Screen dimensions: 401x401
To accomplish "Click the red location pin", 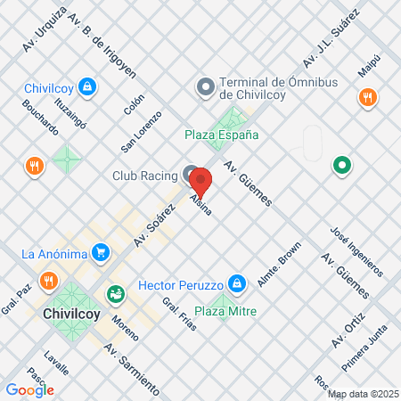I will pos(202,182).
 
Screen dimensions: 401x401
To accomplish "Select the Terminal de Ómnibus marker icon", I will pos(204,87).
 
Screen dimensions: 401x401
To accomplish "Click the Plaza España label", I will pos(222,135).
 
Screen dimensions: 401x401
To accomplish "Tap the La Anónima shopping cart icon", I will pos(102,253).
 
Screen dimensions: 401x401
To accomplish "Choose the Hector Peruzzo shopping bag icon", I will pos(236,283).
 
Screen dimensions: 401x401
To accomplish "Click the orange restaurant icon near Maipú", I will pos(366,97).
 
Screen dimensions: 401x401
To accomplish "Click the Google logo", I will pos(29,389).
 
